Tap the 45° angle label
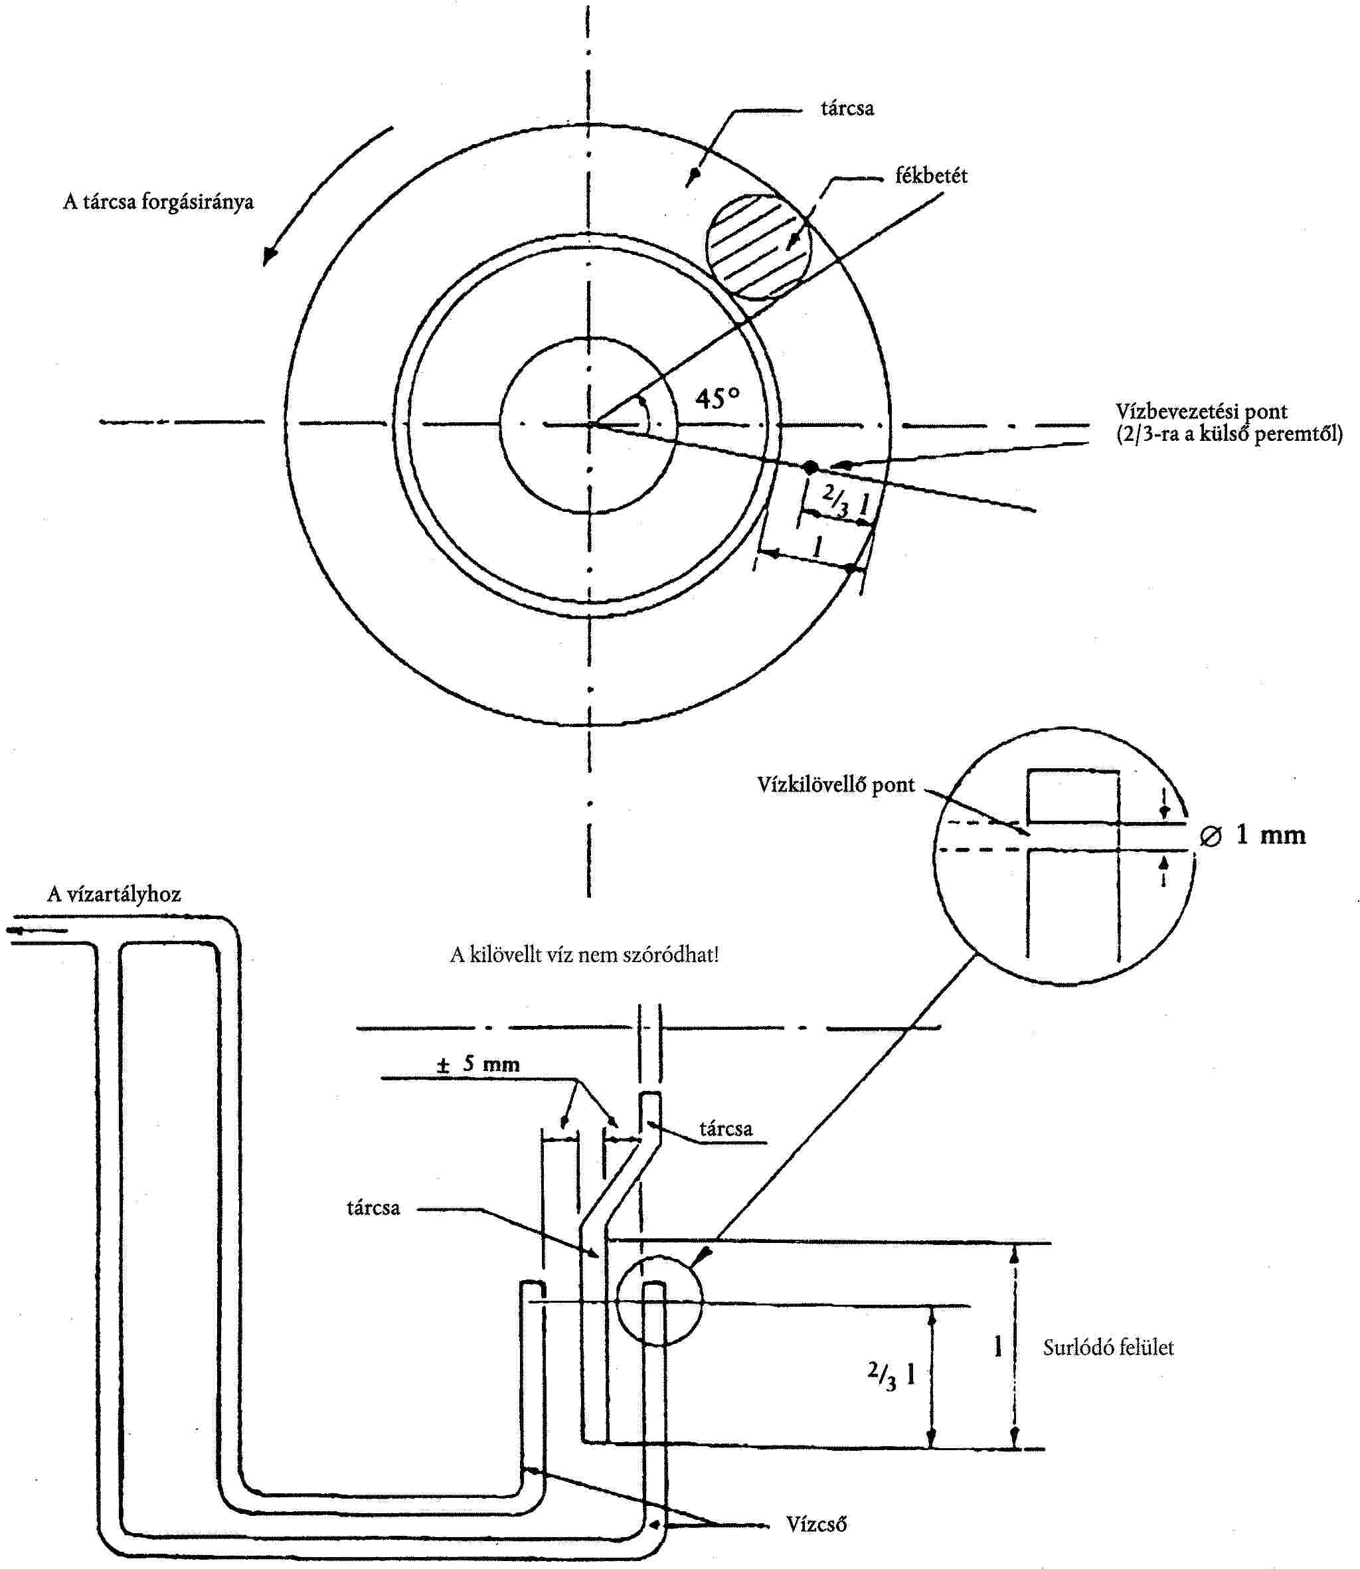(717, 398)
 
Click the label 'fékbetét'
(930, 176)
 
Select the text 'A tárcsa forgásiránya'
(158, 202)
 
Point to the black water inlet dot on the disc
(811, 467)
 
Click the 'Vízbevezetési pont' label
(1201, 412)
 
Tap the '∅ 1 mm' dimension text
(1252, 835)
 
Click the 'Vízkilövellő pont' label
(835, 785)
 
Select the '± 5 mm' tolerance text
(478, 1064)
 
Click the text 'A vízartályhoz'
(114, 894)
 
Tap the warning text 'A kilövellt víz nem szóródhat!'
(584, 954)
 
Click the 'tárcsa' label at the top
(847, 108)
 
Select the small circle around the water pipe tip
(659, 1299)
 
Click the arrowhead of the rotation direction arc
(269, 256)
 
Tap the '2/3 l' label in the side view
(891, 1373)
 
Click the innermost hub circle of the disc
(588, 425)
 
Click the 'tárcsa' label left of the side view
(373, 1208)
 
